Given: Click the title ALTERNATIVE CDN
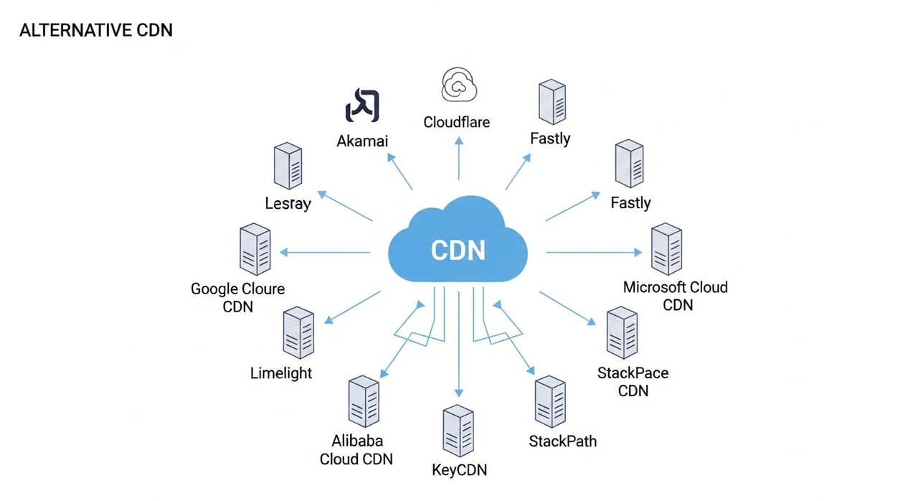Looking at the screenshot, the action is pyautogui.click(x=96, y=30).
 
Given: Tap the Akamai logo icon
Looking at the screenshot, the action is pyautogui.click(x=362, y=105).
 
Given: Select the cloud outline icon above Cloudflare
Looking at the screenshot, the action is pyautogui.click(x=459, y=85).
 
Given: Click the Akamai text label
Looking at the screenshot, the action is pyautogui.click(x=362, y=141).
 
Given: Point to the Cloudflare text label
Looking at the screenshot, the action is pyautogui.click(x=457, y=122).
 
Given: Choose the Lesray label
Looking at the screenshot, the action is pyautogui.click(x=288, y=203).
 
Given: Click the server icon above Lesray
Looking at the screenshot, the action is pyautogui.click(x=288, y=166).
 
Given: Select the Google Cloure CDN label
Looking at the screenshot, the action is pyautogui.click(x=237, y=298).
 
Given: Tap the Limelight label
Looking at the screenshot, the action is pyautogui.click(x=281, y=373).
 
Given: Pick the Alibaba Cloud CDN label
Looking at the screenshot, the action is pyautogui.click(x=356, y=450).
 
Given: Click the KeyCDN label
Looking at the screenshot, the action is pyautogui.click(x=460, y=470).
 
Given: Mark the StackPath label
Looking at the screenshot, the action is pyautogui.click(x=563, y=441).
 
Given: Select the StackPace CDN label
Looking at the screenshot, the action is pyautogui.click(x=633, y=382).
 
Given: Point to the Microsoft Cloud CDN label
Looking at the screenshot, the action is pyautogui.click(x=676, y=296).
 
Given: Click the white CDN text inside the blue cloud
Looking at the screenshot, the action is pyautogui.click(x=458, y=250).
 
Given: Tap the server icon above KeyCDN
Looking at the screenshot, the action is pyautogui.click(x=458, y=431).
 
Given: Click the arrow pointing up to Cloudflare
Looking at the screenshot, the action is pyautogui.click(x=459, y=158).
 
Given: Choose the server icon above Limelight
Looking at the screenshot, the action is pyautogui.click(x=298, y=332).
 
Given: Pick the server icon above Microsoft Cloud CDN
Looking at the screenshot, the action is pyautogui.click(x=667, y=249).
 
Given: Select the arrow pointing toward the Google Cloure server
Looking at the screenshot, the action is pyautogui.click(x=325, y=252).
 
